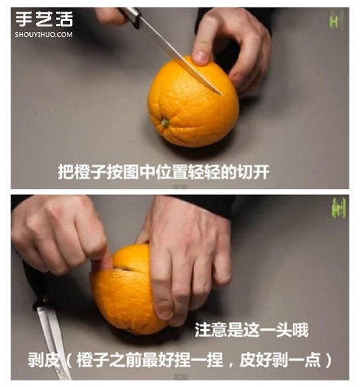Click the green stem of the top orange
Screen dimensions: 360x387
[x=165, y=123]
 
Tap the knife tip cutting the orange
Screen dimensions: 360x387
[x=221, y=94]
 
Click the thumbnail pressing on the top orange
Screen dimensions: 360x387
[x=201, y=57]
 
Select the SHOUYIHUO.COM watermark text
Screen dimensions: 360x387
[x=44, y=35]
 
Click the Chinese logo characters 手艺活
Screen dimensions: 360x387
[x=44, y=19]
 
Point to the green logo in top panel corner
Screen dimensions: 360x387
[x=335, y=22]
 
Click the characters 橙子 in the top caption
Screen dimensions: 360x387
[x=91, y=172]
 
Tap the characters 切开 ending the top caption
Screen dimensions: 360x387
[x=253, y=172]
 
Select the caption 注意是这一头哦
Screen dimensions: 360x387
[x=252, y=330]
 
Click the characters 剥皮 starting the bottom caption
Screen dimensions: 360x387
[x=44, y=360]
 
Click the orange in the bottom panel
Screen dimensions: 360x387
[x=126, y=290]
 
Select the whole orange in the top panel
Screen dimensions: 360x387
[x=193, y=102]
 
